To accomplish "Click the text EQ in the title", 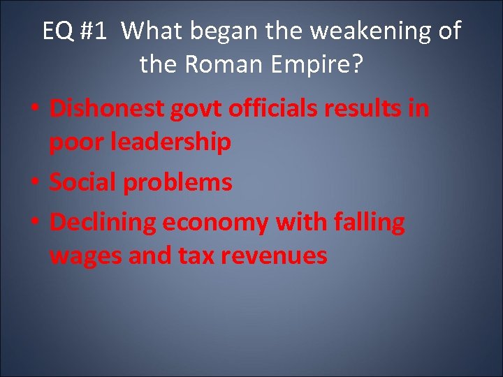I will pos(57,31).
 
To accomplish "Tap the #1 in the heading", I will pos(96,31).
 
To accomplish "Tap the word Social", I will pos(82,183).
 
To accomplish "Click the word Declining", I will pos(103,223).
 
